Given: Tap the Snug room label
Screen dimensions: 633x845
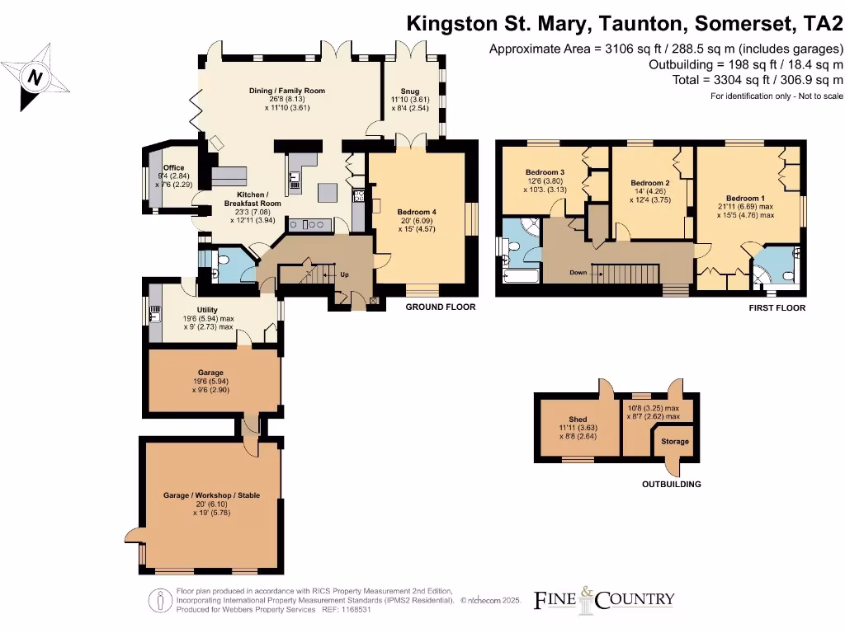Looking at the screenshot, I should (x=410, y=91).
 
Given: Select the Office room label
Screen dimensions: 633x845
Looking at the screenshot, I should (x=173, y=168).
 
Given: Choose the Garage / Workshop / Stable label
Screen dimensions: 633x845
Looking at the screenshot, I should (x=211, y=495).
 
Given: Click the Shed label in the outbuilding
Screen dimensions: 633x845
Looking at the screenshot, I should (x=578, y=420).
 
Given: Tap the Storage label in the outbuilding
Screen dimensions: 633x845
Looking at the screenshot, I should (x=675, y=442).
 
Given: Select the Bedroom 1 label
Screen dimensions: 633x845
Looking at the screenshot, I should (x=746, y=199).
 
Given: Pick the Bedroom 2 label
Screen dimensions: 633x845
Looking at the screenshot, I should (x=649, y=183).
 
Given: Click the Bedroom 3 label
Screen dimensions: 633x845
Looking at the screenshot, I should (x=545, y=172).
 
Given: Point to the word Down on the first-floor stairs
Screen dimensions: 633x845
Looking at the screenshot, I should (x=578, y=272).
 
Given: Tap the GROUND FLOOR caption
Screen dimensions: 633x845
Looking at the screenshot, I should (x=440, y=307).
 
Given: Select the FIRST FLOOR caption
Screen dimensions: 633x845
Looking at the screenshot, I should (x=777, y=307).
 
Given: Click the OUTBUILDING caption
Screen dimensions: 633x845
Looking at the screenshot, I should (x=671, y=484).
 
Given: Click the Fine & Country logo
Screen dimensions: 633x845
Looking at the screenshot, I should (x=604, y=599).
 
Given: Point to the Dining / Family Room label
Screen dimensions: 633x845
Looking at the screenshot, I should (x=286, y=91).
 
